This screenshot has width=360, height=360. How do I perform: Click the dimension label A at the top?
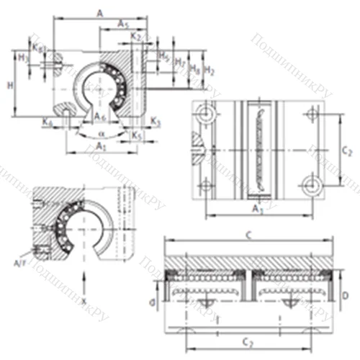pos(99,12)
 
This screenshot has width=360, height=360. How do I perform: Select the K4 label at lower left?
pos(47,124)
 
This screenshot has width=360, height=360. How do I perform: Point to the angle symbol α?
pos(102,134)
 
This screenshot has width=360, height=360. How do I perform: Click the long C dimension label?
pos(247,235)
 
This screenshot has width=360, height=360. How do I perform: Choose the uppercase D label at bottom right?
pos(345,297)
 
